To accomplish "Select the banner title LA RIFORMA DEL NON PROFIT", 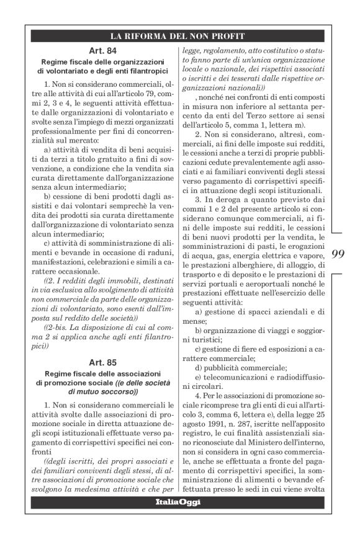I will tap(179, 36).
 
